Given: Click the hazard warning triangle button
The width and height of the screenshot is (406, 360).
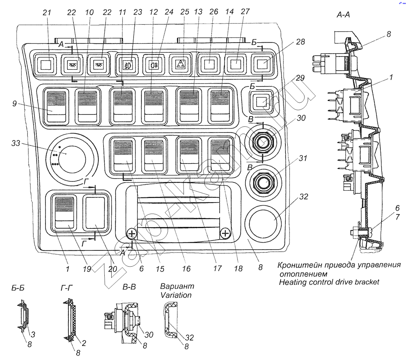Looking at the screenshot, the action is point(181,65).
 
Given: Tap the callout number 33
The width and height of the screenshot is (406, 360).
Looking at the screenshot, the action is point(16,143).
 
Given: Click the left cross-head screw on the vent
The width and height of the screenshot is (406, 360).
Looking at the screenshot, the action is point(132,234).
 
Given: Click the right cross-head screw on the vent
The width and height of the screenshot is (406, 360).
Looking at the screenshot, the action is point(225,234).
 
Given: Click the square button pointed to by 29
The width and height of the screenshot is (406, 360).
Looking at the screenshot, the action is point(261,101).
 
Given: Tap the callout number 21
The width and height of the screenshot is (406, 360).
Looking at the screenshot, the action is point(47,13).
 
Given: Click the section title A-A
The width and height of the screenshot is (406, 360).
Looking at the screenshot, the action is point(343,15).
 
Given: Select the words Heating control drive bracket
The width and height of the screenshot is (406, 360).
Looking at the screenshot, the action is point(329,282).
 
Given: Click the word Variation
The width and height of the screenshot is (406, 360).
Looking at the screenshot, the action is point(176,295).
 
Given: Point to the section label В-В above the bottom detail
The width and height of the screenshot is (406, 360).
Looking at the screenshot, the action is point(129,287).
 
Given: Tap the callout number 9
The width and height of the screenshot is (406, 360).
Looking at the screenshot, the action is point(15,103).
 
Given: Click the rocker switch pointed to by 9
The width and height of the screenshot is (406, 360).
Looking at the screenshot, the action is point(56,106).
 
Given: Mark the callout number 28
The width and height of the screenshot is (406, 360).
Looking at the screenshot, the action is point(300,42).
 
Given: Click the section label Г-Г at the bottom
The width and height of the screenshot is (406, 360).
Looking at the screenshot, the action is point(67,288).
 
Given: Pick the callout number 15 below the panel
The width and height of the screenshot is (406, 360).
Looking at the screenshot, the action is point(160,269).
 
